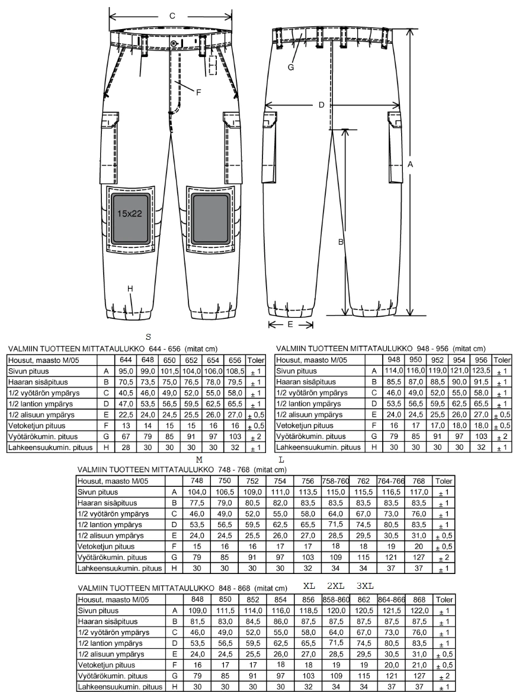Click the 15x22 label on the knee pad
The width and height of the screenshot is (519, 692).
[x=130, y=213]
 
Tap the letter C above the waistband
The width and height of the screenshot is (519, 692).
[x=172, y=16]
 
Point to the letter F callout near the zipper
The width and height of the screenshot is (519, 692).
[x=198, y=93]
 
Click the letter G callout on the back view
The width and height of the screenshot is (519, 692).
[x=290, y=67]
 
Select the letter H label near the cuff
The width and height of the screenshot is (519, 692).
[x=130, y=289]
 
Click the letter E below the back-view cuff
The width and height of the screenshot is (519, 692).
[x=290, y=324]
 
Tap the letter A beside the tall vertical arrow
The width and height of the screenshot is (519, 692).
[x=410, y=164]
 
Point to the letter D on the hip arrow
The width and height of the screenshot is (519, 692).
[x=322, y=104]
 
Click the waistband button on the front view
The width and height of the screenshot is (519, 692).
[x=174, y=43]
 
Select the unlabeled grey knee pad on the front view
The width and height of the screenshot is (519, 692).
[x=210, y=218]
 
